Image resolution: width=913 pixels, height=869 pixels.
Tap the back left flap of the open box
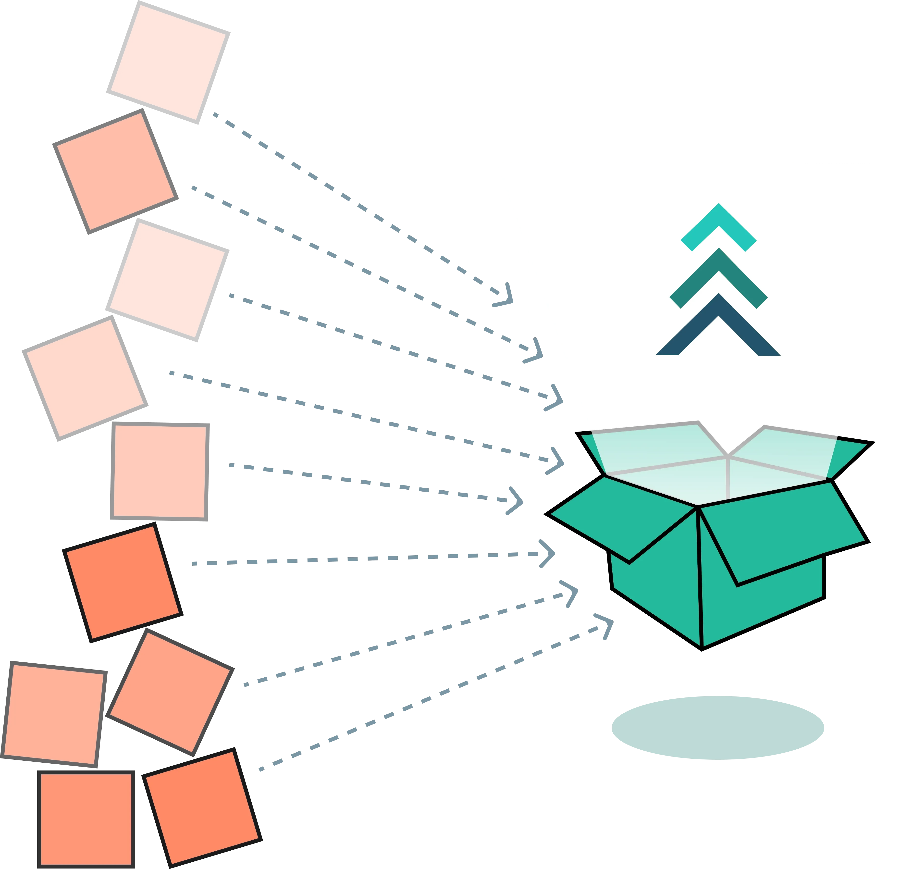pyautogui.click(x=593, y=452)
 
